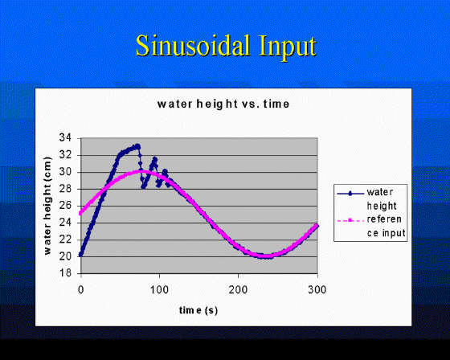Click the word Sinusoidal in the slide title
(x=193, y=46)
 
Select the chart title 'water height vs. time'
(x=223, y=104)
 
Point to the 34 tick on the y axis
(x=64, y=138)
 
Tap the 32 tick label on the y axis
(x=64, y=155)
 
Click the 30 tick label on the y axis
(x=64, y=172)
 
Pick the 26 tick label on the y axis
(x=64, y=206)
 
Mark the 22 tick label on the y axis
(x=64, y=239)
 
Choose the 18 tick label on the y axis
(x=64, y=272)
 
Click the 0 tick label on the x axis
(x=81, y=289)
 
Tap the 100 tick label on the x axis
(x=159, y=289)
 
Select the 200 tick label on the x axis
(x=238, y=289)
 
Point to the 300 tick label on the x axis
(x=317, y=289)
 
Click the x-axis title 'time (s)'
(x=198, y=310)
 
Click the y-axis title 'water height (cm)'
(x=47, y=206)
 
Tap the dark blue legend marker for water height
(x=350, y=194)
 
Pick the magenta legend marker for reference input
(x=350, y=220)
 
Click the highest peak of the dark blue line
(x=137, y=145)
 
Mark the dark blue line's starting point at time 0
(x=80, y=255)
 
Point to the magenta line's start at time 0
(x=80, y=213)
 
